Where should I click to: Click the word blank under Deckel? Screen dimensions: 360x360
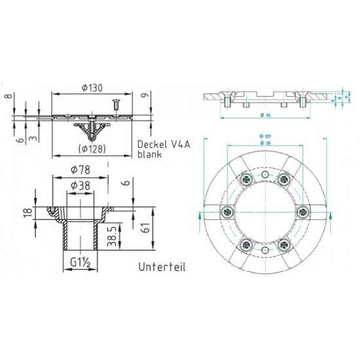(149, 156)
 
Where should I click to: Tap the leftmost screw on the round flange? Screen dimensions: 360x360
(226, 210)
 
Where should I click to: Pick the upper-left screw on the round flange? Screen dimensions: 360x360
(245, 179)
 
